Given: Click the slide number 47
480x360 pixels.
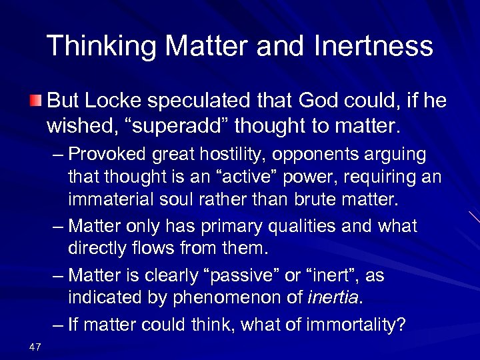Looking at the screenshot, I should point(36,346).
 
